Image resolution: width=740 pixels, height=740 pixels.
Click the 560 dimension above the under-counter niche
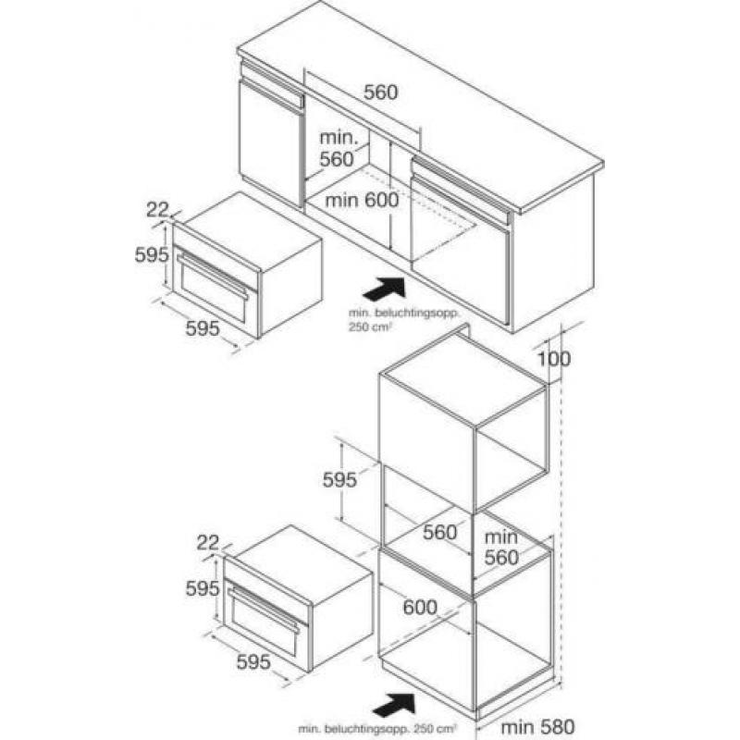pos(380,92)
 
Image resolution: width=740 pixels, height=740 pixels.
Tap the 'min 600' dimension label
pos(362,200)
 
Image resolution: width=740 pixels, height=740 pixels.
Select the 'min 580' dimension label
pos(537,726)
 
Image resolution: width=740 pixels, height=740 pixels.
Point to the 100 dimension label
pos(554,359)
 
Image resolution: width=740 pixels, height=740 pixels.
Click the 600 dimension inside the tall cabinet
pos(420,607)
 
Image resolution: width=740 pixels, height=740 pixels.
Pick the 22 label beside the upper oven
pos(157,210)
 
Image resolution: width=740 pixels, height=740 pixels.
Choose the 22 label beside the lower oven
pos(207,543)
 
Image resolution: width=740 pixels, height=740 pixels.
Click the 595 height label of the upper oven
pos(152,255)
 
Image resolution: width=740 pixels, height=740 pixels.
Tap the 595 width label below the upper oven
pos(203,328)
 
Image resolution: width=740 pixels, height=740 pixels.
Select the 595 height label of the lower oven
pos(203,588)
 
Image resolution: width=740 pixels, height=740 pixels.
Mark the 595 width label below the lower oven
pos(253,662)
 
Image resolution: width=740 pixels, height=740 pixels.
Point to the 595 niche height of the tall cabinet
pos(339,480)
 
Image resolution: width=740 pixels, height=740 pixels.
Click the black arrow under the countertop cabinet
pos(384,289)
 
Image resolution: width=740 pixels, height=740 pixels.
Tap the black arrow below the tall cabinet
pos(394,705)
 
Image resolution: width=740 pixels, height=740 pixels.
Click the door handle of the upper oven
pos(213,276)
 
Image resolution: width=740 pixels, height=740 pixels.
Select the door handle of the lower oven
pos(264,610)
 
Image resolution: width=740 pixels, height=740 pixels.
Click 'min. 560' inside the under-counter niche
pos(337,149)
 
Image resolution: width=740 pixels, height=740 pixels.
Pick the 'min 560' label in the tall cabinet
pos(501,548)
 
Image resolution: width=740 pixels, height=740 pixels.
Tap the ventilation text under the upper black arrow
pos(403,319)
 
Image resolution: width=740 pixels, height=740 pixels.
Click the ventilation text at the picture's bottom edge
pos(377,729)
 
